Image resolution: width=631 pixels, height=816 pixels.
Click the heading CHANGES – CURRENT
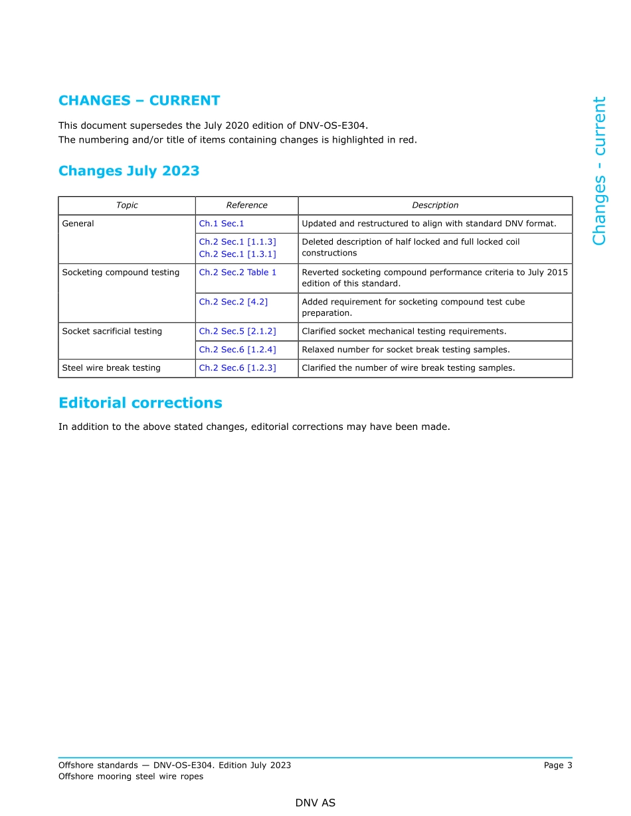tap(139, 101)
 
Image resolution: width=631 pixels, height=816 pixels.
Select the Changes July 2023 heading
tap(129, 171)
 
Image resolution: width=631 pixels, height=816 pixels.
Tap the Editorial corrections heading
tap(140, 403)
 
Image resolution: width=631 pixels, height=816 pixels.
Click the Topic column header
tap(127, 206)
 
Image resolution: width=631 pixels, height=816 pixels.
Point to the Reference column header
tap(246, 206)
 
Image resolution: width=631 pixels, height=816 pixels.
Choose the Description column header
tap(435, 206)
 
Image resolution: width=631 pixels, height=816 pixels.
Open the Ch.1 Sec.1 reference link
tap(221, 224)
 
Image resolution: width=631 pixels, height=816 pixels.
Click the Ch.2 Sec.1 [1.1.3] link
tap(237, 242)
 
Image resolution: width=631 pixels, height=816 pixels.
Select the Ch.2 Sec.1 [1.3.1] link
tap(237, 253)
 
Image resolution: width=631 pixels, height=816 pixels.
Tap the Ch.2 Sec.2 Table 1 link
tap(237, 273)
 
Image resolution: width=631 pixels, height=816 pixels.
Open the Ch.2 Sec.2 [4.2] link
tap(233, 302)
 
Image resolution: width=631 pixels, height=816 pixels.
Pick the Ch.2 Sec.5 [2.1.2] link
tap(237, 332)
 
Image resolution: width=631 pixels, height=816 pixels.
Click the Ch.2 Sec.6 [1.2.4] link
tap(237, 350)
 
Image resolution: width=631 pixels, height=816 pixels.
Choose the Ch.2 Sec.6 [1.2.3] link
tap(237, 368)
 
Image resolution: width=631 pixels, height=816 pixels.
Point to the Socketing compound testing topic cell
tap(120, 273)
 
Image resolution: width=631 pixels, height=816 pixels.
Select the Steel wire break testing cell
tap(111, 368)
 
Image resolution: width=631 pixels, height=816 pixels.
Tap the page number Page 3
tap(557, 766)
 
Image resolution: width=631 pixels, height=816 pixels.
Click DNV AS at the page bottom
tap(315, 803)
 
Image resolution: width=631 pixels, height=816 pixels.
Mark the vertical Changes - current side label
tap(599, 171)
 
